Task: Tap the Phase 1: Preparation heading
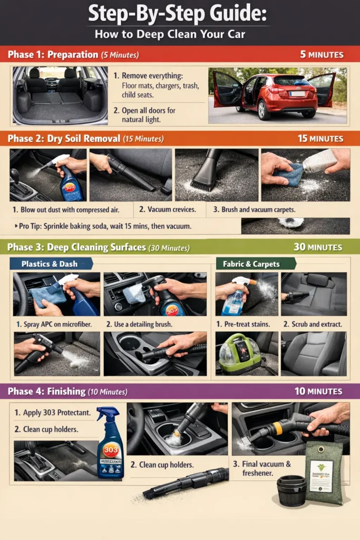53,54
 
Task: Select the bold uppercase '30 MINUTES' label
318,247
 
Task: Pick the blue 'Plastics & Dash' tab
50,264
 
